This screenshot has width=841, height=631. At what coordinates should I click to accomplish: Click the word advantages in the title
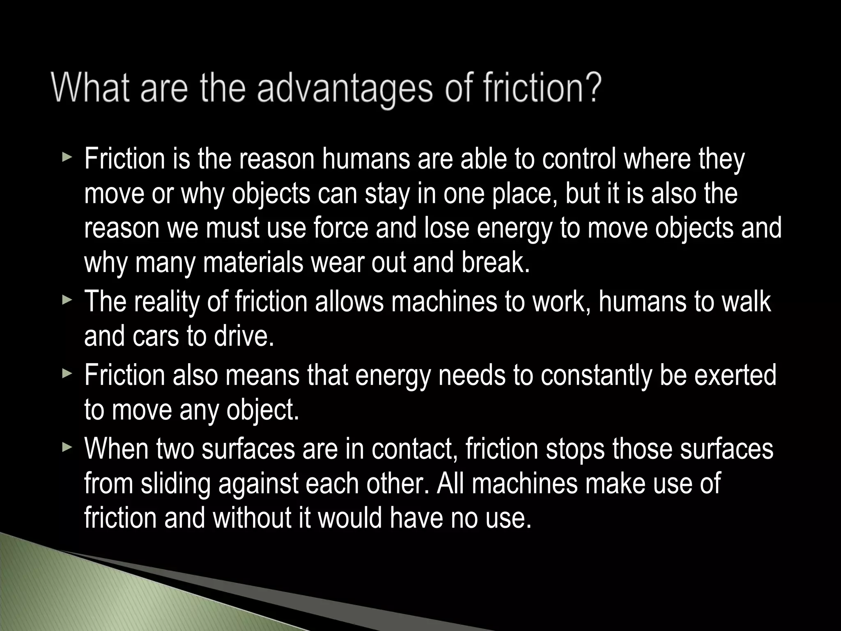(345, 89)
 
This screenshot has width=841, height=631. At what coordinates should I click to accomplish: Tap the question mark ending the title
(592, 87)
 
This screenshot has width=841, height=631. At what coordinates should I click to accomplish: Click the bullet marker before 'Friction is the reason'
(67, 158)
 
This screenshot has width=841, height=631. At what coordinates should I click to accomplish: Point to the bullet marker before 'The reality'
(67, 301)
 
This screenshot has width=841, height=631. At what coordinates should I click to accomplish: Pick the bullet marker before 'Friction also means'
(67, 375)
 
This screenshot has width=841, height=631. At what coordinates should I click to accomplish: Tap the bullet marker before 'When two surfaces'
(67, 447)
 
